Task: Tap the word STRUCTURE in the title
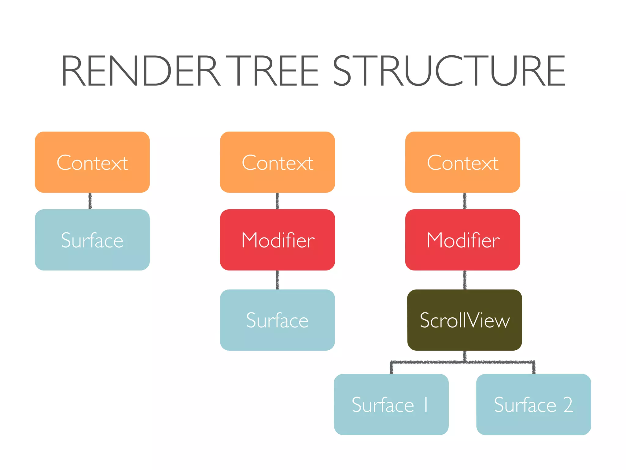click(449, 71)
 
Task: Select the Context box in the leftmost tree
click(92, 162)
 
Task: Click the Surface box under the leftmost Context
click(92, 240)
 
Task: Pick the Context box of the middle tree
click(278, 162)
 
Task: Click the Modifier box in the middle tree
click(278, 240)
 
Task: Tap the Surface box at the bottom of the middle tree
click(278, 320)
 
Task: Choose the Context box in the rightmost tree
click(463, 162)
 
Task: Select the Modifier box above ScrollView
click(463, 240)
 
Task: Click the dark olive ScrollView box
click(465, 320)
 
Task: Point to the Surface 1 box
click(391, 405)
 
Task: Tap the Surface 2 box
click(534, 405)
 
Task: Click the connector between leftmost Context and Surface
click(90, 201)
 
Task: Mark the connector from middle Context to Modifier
click(278, 201)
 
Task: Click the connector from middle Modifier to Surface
click(278, 280)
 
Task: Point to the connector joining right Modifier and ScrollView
click(465, 280)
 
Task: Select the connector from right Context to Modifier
click(465, 201)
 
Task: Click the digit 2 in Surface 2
click(568, 405)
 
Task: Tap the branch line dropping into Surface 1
click(392, 368)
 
